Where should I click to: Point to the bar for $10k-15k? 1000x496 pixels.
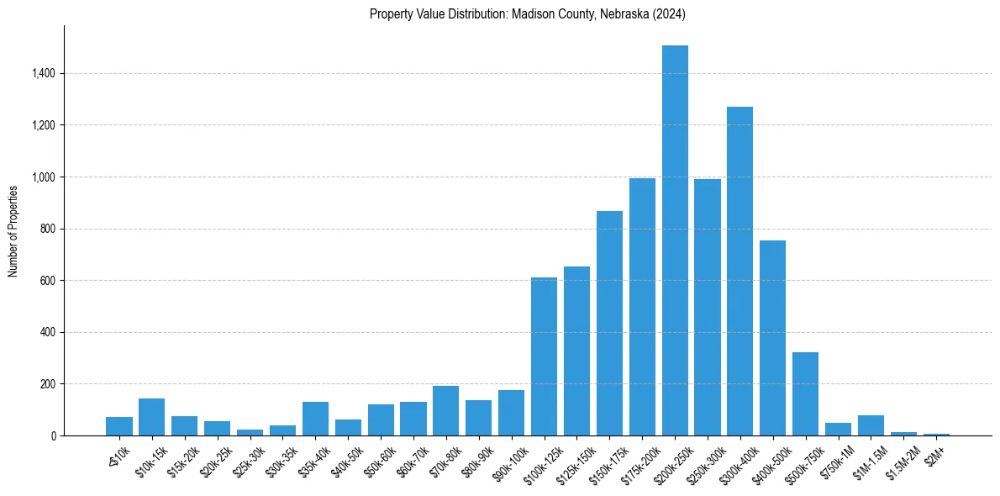(x=151, y=417)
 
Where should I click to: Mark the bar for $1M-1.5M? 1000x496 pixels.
(x=871, y=425)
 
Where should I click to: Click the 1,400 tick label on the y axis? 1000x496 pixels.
(x=43, y=74)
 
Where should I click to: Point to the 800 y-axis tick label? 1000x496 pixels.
(x=47, y=229)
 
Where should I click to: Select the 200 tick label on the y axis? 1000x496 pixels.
(x=47, y=384)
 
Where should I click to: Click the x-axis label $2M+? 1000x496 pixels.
(x=934, y=455)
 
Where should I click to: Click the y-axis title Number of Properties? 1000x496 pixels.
(x=13, y=230)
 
